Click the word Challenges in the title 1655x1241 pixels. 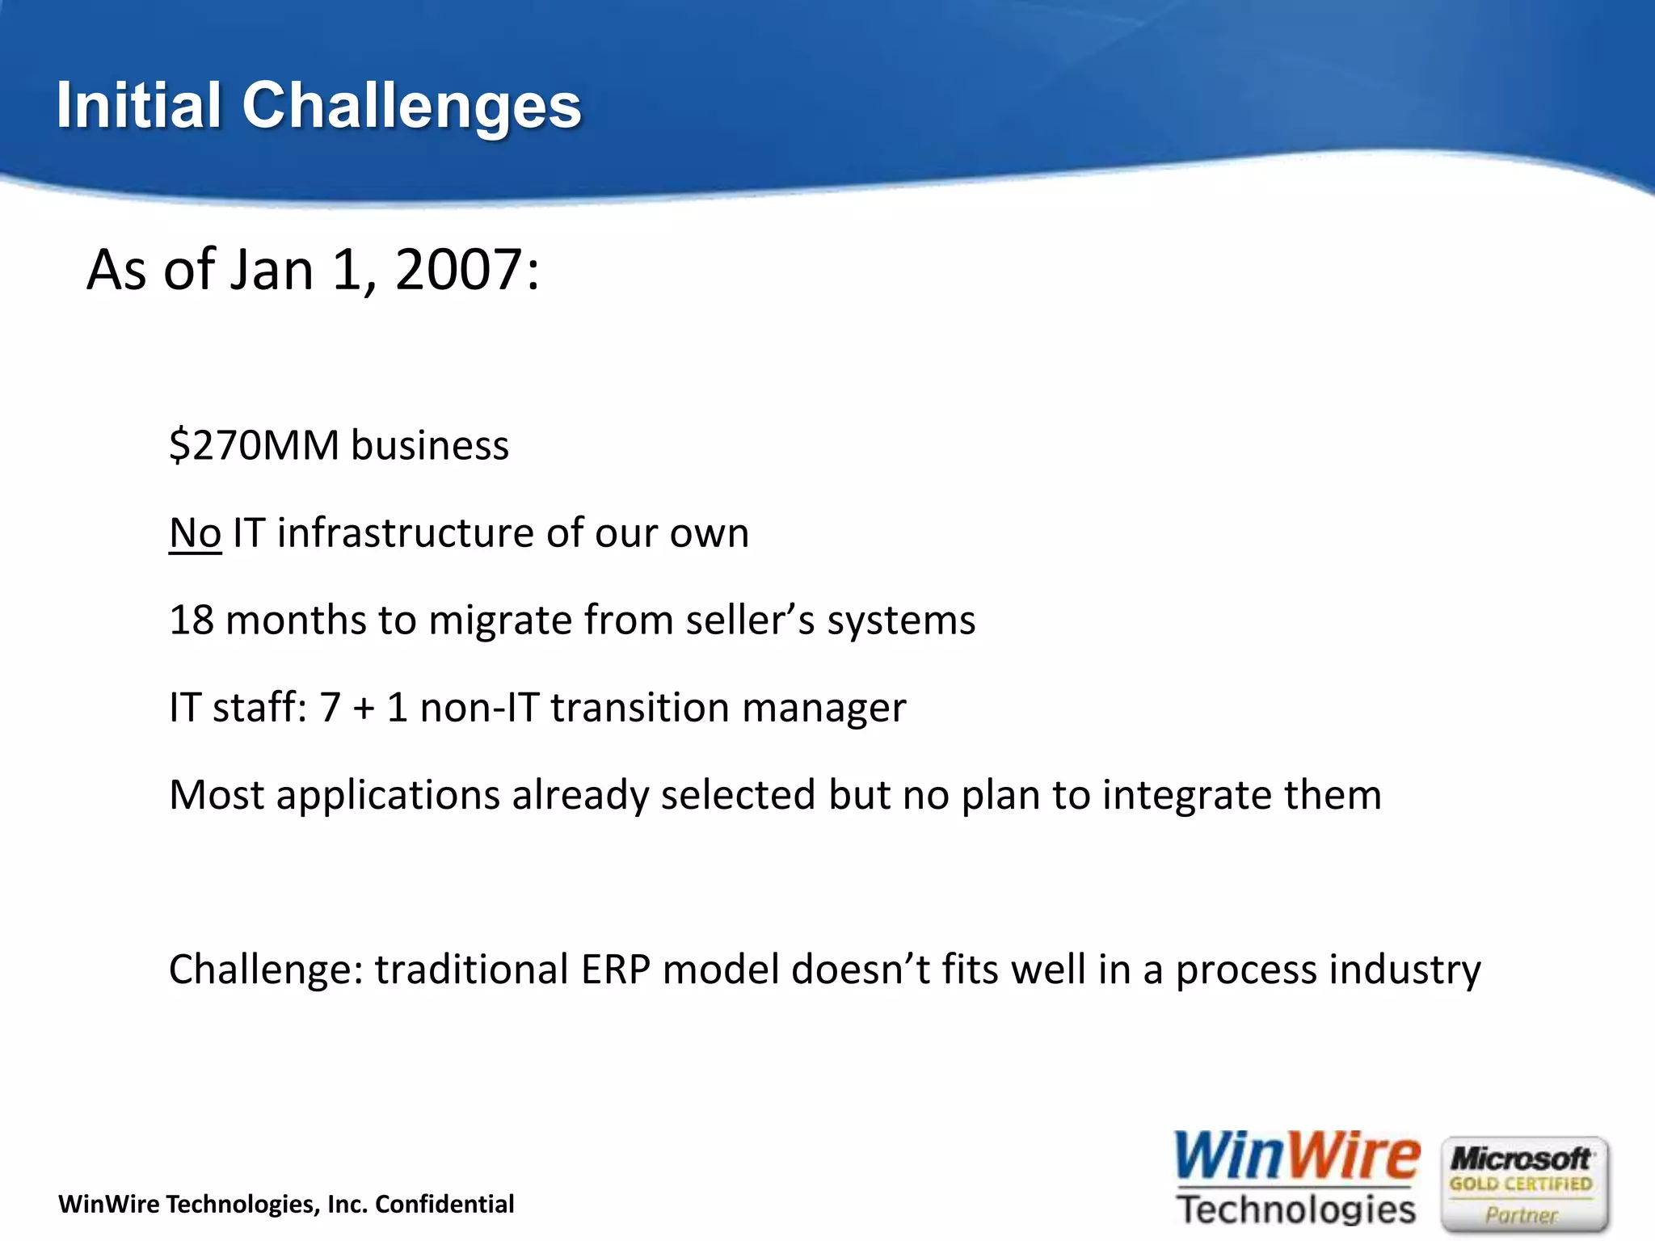411,107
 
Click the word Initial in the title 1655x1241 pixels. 138,105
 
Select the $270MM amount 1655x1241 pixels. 254,445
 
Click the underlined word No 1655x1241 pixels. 195,533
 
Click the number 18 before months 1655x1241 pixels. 191,620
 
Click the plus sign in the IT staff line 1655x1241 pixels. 364,709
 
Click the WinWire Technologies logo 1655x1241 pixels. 1296,1179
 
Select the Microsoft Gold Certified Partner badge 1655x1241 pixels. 1524,1184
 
